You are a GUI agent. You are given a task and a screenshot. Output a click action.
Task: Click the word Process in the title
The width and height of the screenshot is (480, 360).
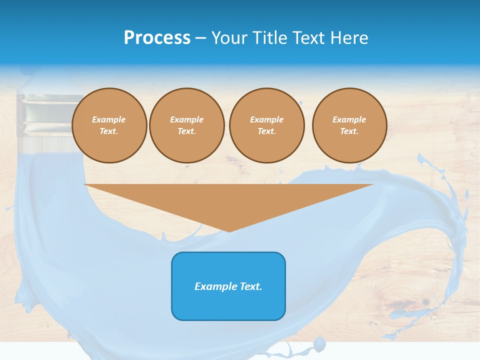tap(157, 38)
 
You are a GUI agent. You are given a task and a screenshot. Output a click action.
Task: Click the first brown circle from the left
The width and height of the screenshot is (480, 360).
tap(109, 125)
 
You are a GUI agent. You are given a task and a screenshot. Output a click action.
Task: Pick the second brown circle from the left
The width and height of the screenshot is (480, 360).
tap(187, 125)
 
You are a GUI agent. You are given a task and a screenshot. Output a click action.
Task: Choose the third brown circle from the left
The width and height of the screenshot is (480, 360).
tap(266, 125)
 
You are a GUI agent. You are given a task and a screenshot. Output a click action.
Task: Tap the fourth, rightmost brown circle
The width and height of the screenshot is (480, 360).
tap(349, 125)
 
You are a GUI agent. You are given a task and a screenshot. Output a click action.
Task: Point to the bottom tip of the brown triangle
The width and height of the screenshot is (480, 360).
tap(229, 230)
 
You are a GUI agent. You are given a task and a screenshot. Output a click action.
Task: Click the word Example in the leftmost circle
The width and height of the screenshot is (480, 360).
tap(109, 119)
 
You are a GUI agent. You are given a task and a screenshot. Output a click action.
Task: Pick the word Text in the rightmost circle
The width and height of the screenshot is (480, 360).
tap(349, 131)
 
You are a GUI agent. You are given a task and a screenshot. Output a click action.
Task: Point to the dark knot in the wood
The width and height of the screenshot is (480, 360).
tap(425, 302)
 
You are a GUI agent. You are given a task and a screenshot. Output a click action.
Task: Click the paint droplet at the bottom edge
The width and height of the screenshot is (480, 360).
tap(318, 343)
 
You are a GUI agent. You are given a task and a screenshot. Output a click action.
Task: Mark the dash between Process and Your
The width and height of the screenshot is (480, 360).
tap(201, 38)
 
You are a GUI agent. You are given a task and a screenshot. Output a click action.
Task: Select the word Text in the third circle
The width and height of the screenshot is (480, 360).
tap(266, 131)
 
